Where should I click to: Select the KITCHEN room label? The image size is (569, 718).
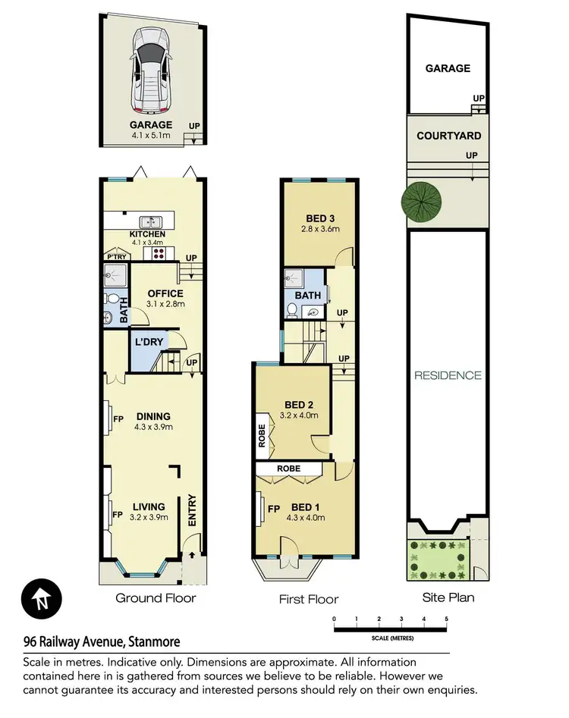pos(147,234)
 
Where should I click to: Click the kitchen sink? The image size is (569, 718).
pos(153,221)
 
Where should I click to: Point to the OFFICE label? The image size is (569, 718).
pos(165,293)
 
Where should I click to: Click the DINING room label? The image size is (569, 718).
pos(153,416)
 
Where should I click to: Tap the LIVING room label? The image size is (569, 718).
pos(149,507)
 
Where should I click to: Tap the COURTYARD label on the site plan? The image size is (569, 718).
pos(448,136)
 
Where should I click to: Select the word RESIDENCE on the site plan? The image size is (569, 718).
pos(448,375)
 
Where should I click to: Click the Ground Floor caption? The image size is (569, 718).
pos(156,598)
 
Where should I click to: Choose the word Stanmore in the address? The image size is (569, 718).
pos(156,641)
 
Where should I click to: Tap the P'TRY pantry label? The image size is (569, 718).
pos(116,258)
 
